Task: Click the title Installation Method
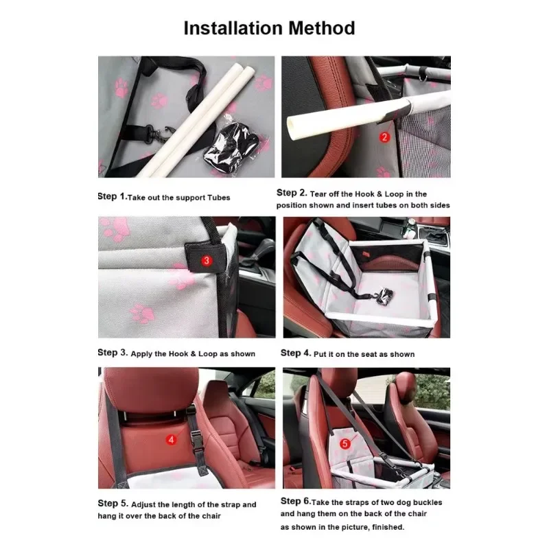[269, 28]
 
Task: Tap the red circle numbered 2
[384, 137]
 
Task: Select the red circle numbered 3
[207, 261]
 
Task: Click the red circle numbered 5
[345, 444]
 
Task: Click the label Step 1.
[112, 196]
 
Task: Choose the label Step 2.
[291, 194]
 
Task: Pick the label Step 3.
[112, 353]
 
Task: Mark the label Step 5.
[112, 504]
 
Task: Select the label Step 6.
[296, 502]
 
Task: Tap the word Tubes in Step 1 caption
[217, 198]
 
